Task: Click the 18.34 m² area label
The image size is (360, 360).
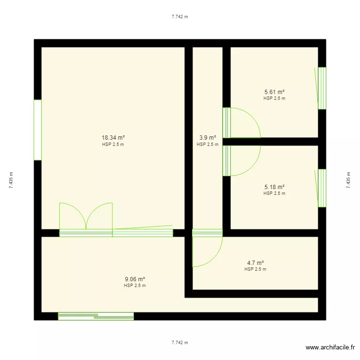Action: pos(113,138)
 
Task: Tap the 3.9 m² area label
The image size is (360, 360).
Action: pos(207,138)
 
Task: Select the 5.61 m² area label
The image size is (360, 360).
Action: pos(275,92)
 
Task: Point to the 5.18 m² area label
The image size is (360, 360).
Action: pos(275,187)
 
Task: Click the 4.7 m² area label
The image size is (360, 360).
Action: pos(255,263)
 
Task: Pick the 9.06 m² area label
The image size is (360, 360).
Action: pos(135,279)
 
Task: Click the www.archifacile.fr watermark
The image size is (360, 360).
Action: pos(330,348)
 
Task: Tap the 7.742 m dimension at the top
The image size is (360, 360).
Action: pos(180,16)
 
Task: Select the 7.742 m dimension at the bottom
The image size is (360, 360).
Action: pos(180,343)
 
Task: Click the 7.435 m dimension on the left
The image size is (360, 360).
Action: pos(11,180)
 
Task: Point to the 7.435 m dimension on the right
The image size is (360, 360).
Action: pos(348,180)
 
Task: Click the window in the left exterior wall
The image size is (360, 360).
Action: pos(37,130)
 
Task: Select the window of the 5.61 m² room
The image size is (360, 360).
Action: pos(322,88)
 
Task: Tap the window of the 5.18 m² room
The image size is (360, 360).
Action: pos(322,188)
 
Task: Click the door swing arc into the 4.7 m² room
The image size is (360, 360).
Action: pos(214,258)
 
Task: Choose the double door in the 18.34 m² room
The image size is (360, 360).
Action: pos(86,219)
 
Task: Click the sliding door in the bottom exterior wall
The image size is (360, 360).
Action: pos(96,316)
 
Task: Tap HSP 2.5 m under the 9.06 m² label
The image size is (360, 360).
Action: pos(135,286)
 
